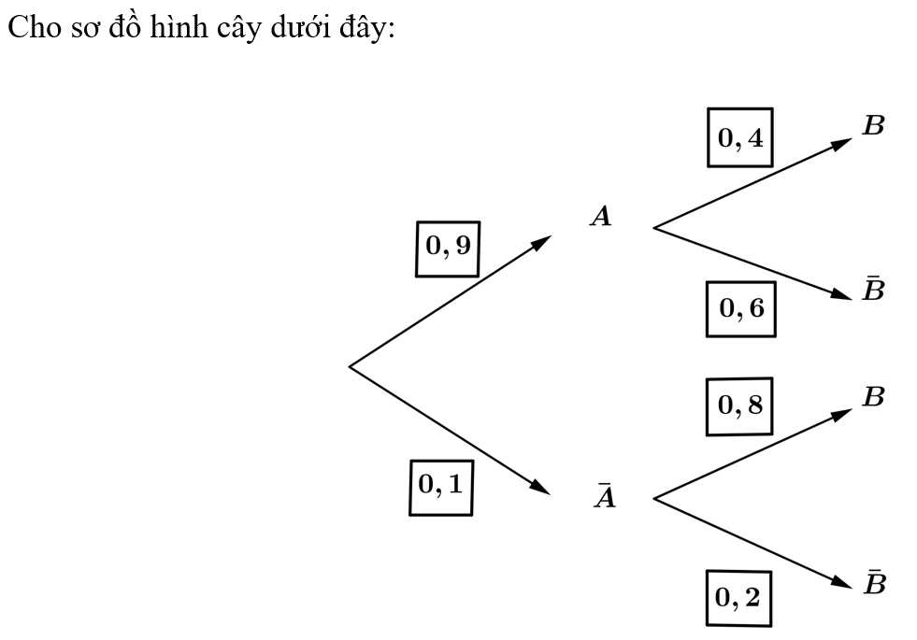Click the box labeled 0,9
click(x=448, y=249)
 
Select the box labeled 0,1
click(x=441, y=488)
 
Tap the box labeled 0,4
click(x=739, y=137)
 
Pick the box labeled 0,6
click(x=741, y=309)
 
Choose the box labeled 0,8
click(x=739, y=406)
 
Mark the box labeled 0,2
click(x=738, y=598)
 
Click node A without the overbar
click(x=601, y=216)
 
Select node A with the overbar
click(x=605, y=495)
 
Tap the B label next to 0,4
click(x=873, y=125)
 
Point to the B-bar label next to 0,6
click(x=873, y=288)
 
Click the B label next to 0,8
click(x=873, y=396)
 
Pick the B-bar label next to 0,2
click(x=874, y=581)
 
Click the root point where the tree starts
click(x=350, y=366)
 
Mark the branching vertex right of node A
click(x=653, y=228)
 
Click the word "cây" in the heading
click(x=238, y=27)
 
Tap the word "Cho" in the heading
click(x=34, y=27)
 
